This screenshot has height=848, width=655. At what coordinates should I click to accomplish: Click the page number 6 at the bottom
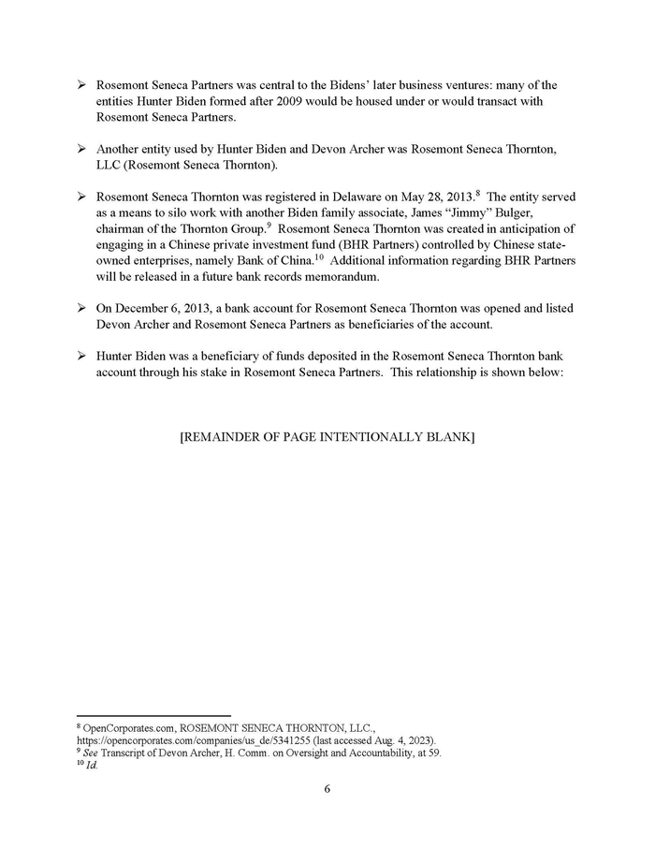[327, 788]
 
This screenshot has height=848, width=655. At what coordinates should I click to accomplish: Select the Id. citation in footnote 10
[91, 765]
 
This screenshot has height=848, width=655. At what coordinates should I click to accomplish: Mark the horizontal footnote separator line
[152, 715]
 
